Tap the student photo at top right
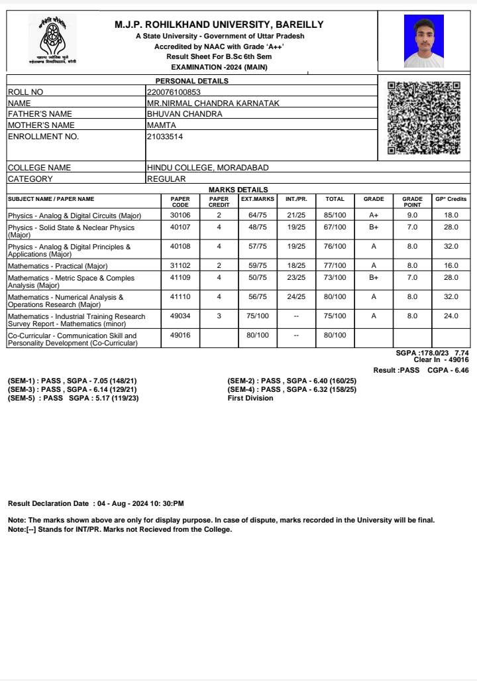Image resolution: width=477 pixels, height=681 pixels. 423,41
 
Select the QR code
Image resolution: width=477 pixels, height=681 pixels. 423,118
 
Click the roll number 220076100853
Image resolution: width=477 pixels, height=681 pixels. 174,92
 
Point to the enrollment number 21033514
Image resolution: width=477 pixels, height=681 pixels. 165,137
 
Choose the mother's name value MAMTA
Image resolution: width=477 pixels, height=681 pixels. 162,125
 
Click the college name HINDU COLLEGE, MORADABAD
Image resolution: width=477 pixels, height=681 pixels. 207,168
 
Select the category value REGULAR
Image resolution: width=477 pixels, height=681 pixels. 166,179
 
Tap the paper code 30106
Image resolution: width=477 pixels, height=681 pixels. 180,216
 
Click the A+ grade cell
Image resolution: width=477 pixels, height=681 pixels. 374,216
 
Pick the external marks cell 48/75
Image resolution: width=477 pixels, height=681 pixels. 257,227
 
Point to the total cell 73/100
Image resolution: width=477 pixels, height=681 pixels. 335,278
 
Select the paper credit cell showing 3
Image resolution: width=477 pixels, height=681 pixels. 219,316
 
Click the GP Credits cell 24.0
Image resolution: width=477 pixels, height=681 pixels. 451,316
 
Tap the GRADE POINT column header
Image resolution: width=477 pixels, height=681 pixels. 412,202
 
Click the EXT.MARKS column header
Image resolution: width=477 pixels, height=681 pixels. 257,199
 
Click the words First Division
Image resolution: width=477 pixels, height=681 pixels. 250,399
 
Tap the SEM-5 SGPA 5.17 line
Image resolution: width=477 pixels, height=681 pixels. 74,399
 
